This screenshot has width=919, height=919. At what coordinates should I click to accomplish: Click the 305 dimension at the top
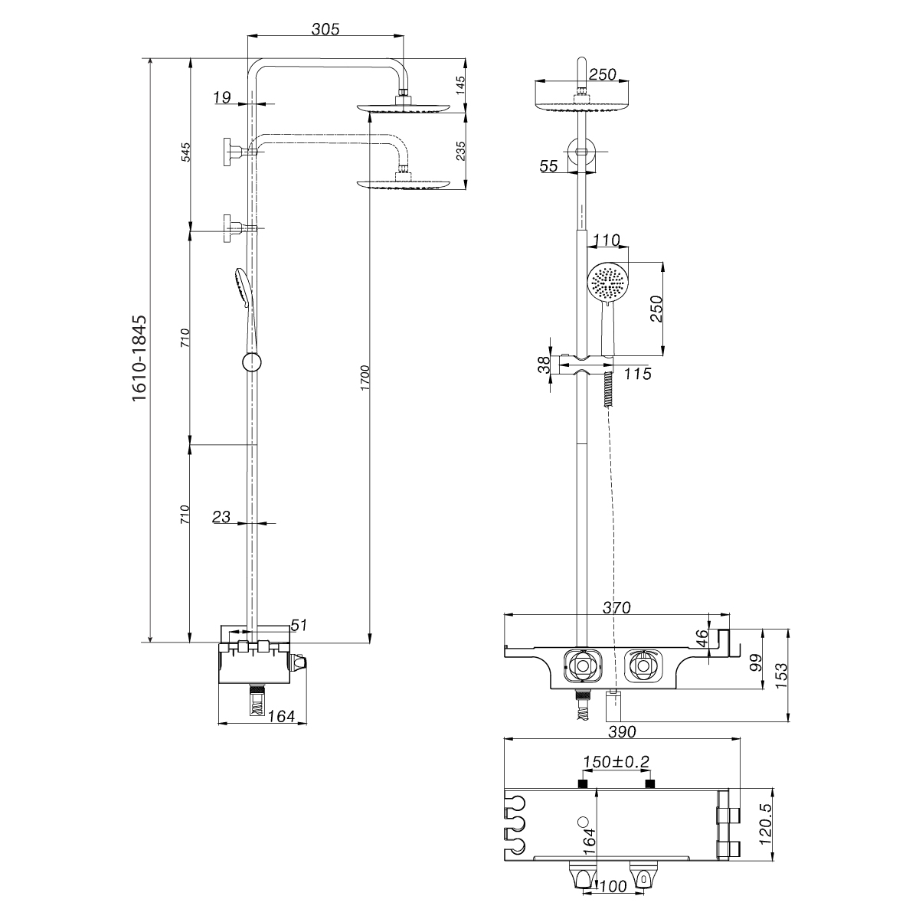click(x=325, y=29)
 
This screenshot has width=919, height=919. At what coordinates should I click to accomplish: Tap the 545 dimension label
click(x=185, y=151)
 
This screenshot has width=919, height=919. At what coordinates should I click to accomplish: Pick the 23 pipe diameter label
click(x=221, y=517)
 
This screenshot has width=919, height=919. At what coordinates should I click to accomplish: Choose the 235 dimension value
click(x=459, y=150)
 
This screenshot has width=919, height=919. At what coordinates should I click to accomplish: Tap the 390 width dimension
click(x=622, y=732)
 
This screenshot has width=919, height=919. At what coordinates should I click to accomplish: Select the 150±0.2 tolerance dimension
click(x=616, y=762)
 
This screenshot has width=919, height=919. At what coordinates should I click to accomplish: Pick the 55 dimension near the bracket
click(x=548, y=166)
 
